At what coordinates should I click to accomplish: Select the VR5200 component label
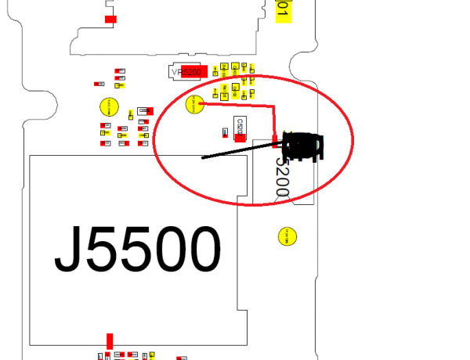(186, 73)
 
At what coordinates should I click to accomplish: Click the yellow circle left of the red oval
(109, 106)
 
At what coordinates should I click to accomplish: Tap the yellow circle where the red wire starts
(194, 103)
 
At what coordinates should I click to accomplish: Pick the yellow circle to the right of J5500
(288, 235)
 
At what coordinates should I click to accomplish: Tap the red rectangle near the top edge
(111, 19)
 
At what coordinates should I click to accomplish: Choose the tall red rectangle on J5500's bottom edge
(110, 341)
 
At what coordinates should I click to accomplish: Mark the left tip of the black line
(202, 158)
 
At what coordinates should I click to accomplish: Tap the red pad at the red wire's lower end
(274, 139)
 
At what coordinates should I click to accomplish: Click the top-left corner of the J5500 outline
(29, 156)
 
